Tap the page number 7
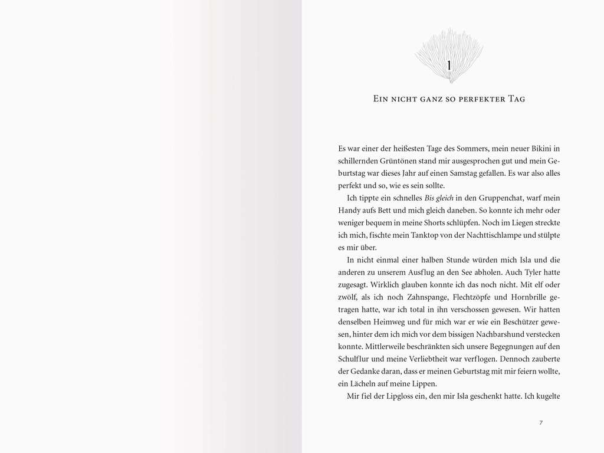pos(541,422)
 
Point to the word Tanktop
pos(420,235)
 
